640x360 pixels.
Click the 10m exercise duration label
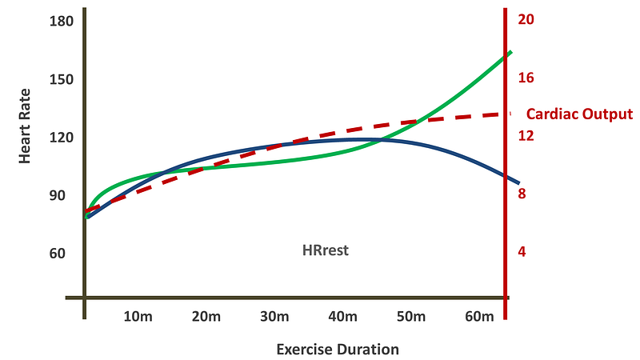pos(138,317)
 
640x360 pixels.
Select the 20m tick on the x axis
pos(206,317)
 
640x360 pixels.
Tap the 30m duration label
pos(274,317)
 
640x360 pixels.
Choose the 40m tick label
pos(342,317)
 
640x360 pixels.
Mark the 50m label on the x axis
pos(410,317)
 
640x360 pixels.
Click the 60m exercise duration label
pos(478,317)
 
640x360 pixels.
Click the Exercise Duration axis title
pos(337,350)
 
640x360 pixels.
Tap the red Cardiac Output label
pos(579,114)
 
